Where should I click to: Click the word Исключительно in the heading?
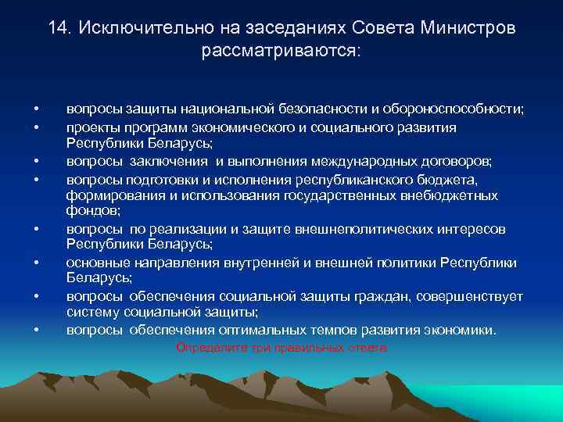(x=132, y=28)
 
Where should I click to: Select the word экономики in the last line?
(x=461, y=330)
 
